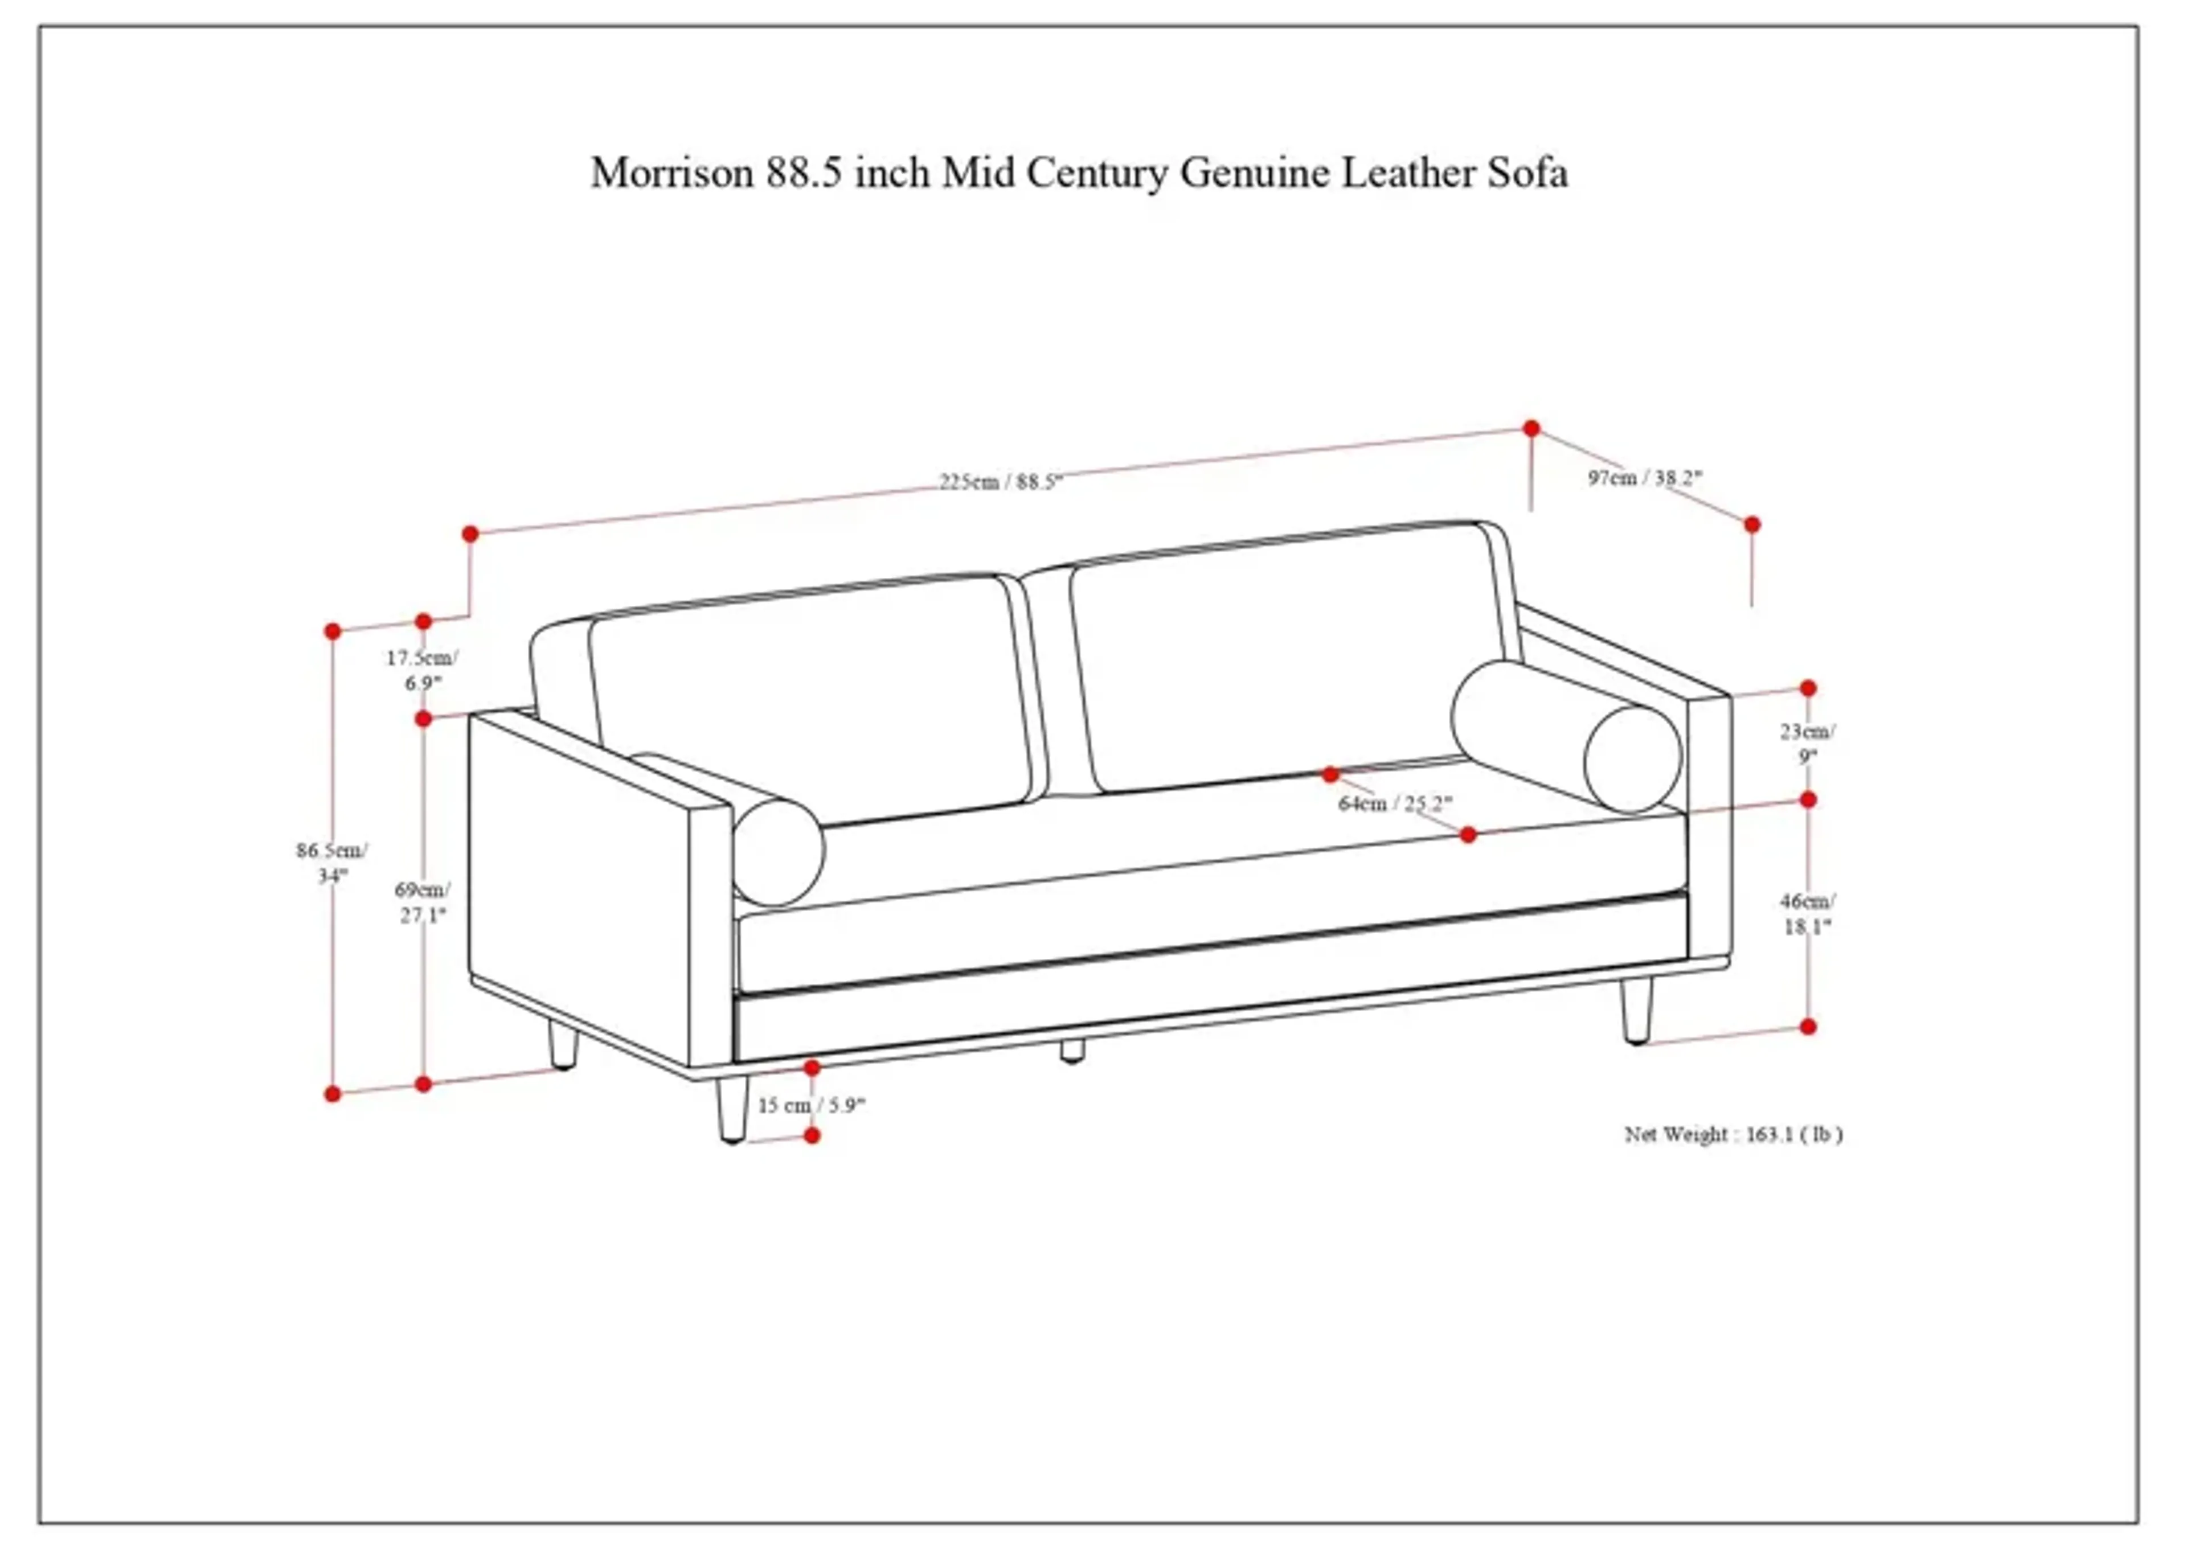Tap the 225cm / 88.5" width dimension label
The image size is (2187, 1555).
(1001, 482)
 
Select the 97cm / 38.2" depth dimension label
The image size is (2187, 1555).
(1645, 477)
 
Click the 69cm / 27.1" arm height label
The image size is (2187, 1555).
(422, 902)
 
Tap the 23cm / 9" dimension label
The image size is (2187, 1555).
(1807, 743)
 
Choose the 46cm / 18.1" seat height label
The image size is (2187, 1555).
(1807, 913)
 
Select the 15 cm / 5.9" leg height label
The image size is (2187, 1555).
(811, 1105)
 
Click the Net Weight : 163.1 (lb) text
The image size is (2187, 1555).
(1733, 1135)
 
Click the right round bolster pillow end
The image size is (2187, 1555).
(1633, 760)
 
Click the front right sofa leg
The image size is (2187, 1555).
(1636, 1010)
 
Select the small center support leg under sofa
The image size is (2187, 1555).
(1072, 1051)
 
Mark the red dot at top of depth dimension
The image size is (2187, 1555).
(1531, 428)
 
